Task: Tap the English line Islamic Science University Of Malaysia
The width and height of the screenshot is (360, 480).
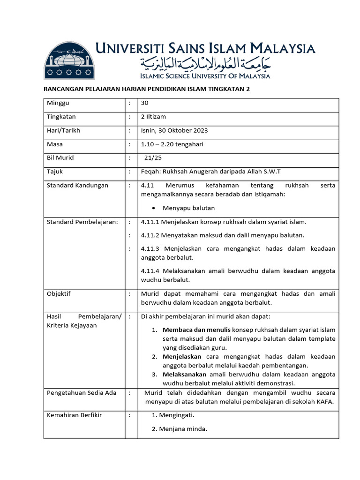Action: click(205, 75)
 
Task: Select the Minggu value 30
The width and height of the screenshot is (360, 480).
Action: click(145, 103)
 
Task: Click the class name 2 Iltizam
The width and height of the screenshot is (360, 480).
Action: click(153, 117)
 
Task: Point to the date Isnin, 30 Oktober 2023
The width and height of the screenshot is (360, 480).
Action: click(174, 130)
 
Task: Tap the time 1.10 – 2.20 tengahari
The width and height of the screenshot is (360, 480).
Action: click(172, 144)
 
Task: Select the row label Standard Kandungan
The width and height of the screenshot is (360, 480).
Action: click(77, 185)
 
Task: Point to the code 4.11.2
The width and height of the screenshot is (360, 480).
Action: click(150, 235)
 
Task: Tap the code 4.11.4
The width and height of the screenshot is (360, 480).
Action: click(150, 271)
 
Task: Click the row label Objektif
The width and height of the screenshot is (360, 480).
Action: click(59, 293)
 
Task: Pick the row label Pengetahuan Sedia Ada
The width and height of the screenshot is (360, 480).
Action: click(82, 392)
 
